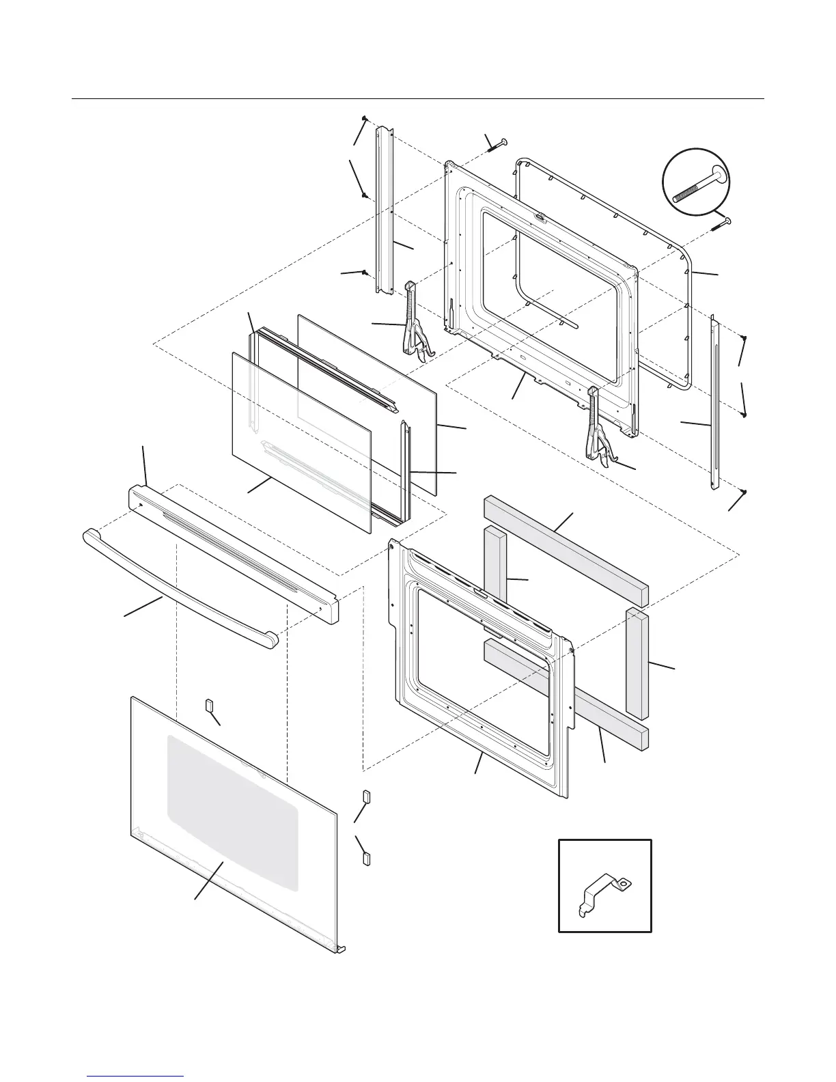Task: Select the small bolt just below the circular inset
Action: click(721, 223)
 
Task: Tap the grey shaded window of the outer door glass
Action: click(232, 813)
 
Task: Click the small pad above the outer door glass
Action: click(209, 706)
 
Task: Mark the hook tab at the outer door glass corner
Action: click(340, 949)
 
